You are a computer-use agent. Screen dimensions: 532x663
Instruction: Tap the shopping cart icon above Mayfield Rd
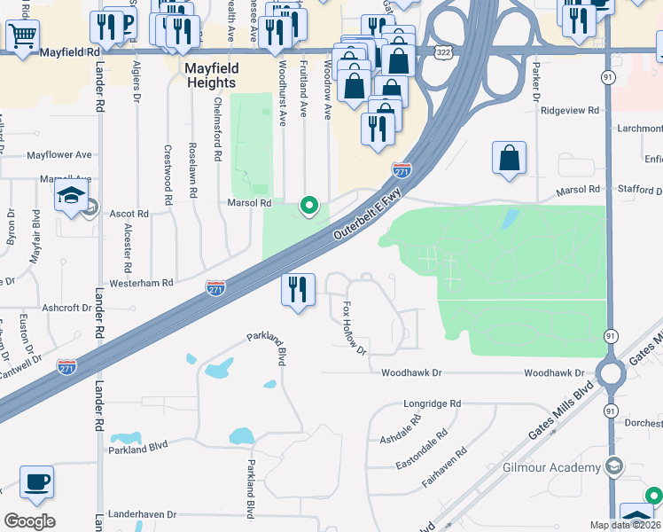pyautogui.click(x=22, y=35)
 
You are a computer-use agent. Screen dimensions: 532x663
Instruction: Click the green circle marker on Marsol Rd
pyautogui.click(x=309, y=206)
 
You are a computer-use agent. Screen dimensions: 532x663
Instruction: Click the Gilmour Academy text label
pyautogui.click(x=551, y=467)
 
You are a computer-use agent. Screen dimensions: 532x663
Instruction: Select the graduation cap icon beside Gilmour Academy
pyautogui.click(x=613, y=466)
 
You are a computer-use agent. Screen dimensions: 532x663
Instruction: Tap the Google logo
pyautogui.click(x=29, y=520)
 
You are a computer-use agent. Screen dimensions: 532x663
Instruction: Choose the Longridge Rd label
pyautogui.click(x=433, y=403)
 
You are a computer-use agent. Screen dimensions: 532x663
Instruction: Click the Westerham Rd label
pyautogui.click(x=142, y=282)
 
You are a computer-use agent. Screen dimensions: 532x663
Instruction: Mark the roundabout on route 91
pyautogui.click(x=611, y=373)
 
